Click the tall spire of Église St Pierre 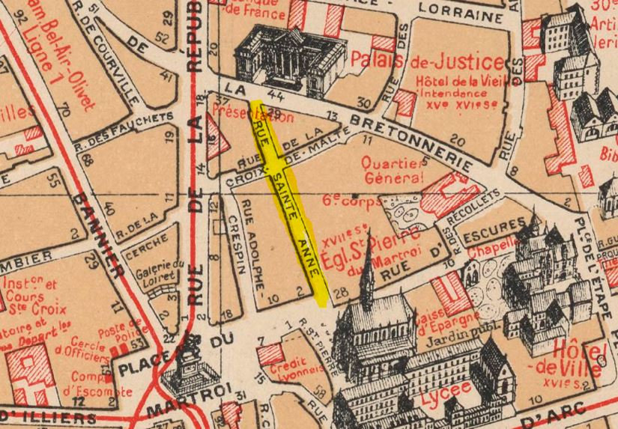pos(366,277)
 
